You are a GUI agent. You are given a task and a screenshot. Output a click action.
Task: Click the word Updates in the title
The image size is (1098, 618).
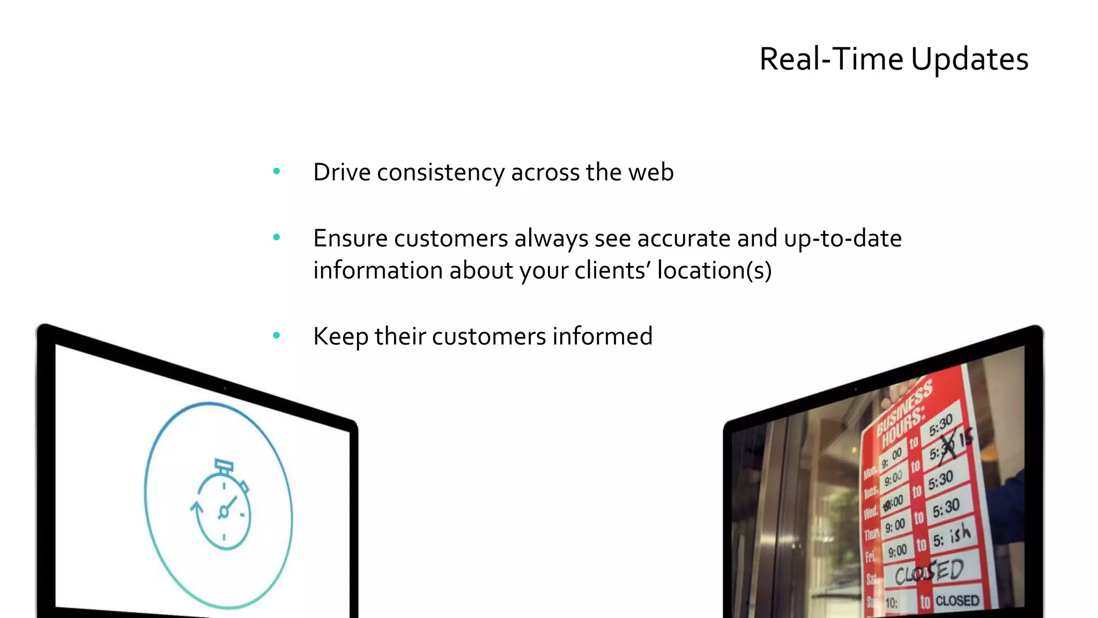[x=969, y=59]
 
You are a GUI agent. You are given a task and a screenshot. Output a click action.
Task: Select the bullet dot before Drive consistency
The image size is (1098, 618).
[x=277, y=172]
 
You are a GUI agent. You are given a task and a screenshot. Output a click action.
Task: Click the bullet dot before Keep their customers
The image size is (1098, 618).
[x=277, y=336]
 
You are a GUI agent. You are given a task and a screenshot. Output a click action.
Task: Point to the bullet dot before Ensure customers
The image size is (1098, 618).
[x=277, y=237]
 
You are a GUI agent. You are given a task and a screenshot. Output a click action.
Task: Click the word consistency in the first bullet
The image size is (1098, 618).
[x=441, y=173]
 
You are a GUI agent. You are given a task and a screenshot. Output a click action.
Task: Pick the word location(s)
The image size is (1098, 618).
[x=714, y=270]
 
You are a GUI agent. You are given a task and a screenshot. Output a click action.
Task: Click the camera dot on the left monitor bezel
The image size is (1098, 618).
[x=225, y=388]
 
